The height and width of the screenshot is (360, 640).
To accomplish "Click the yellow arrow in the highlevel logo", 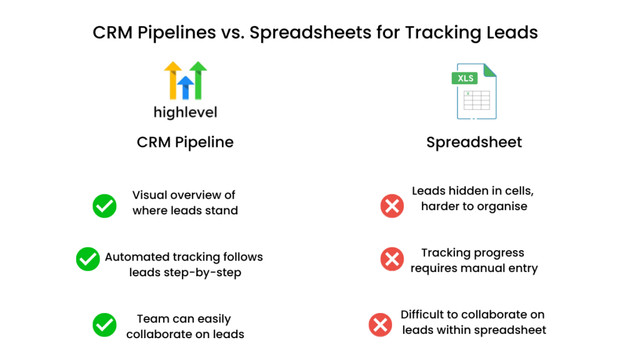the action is pyautogui.click(x=173, y=80).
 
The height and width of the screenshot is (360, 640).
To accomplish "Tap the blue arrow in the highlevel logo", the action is pyautogui.click(x=186, y=87).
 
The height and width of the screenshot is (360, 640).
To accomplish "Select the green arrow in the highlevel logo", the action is pyautogui.click(x=198, y=80).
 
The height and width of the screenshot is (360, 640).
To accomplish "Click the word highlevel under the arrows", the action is pyautogui.click(x=185, y=112).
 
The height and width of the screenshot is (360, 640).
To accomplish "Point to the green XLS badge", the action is pyautogui.click(x=464, y=78).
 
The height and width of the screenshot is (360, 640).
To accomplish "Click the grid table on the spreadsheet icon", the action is pyautogui.click(x=476, y=100).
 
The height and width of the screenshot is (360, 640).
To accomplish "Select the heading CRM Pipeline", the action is pyautogui.click(x=185, y=142).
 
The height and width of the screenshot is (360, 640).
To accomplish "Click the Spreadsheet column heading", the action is pyautogui.click(x=474, y=142).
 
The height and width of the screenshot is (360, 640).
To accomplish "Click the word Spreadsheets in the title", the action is pyautogui.click(x=310, y=32).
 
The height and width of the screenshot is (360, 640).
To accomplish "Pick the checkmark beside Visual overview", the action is pyautogui.click(x=104, y=206).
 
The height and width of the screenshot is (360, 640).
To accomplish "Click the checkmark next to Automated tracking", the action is pyautogui.click(x=87, y=259).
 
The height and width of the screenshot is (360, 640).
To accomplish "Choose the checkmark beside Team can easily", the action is pyautogui.click(x=104, y=325).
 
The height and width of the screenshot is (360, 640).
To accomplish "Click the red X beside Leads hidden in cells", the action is pyautogui.click(x=392, y=206).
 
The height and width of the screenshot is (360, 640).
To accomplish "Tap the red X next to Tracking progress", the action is pyautogui.click(x=392, y=259).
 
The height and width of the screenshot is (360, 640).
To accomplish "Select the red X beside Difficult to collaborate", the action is pyautogui.click(x=381, y=325).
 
